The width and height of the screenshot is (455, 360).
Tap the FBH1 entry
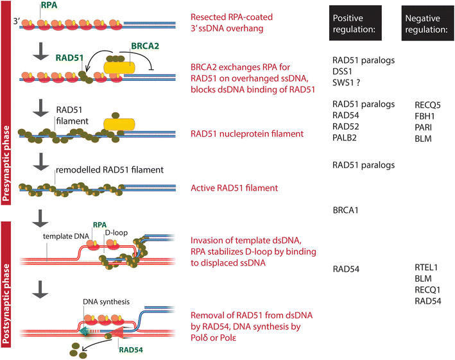click(x=426, y=115)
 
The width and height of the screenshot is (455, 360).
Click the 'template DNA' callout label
click(x=64, y=236)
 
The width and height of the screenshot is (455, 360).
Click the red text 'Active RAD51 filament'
click(x=234, y=188)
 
